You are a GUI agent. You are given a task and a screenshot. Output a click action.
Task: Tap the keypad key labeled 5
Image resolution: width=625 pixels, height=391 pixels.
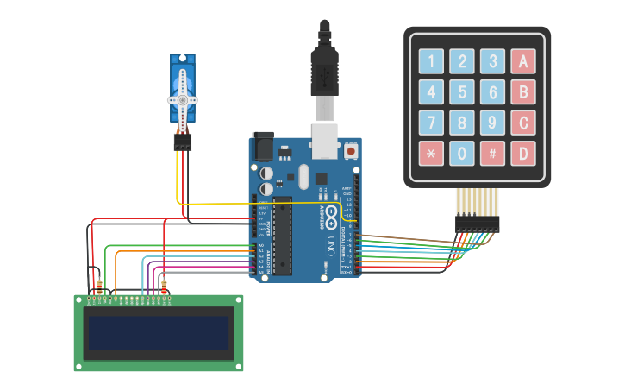pos(462,91)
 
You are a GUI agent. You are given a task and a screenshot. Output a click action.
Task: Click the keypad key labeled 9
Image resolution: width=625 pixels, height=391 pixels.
pos(492,123)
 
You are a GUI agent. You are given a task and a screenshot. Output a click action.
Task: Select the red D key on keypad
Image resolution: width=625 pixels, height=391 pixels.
pos(522,154)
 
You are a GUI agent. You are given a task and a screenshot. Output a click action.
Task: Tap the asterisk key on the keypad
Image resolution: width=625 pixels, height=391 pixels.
pos(431,154)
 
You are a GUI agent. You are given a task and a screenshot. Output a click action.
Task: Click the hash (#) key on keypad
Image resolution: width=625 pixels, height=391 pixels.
pos(492,154)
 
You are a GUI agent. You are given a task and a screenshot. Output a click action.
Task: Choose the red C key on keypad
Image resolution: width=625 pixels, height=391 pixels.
pos(522,123)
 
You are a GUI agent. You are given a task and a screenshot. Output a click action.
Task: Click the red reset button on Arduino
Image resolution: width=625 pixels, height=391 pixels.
pos(351,151)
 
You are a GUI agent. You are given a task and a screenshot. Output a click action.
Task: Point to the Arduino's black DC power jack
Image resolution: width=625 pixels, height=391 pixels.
pos(262,148)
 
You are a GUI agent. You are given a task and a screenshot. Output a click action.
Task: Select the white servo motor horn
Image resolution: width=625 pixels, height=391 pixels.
pos(183,98)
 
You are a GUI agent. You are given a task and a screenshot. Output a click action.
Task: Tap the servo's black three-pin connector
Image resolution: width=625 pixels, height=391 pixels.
pos(183,142)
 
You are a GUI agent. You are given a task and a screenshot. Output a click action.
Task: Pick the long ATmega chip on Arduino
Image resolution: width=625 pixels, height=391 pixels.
pos(282,236)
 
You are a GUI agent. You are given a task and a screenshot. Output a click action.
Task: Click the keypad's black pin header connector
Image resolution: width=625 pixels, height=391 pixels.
pos(478,224)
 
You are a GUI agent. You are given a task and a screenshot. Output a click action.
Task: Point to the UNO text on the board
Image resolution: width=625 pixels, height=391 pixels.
pos(330,249)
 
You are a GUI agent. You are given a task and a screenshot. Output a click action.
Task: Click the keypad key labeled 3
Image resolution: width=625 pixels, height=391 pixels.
pos(492,61)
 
